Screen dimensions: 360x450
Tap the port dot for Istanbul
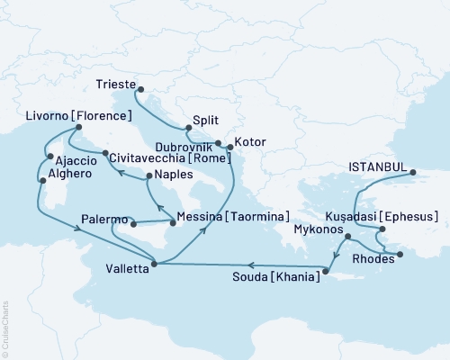point(412,171)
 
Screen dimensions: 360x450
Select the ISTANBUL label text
point(376,166)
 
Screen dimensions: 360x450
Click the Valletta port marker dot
point(157,264)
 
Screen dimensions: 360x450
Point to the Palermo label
point(104,219)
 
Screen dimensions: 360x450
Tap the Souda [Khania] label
point(281,278)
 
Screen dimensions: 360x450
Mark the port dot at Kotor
point(229,146)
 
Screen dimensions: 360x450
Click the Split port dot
point(186,128)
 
